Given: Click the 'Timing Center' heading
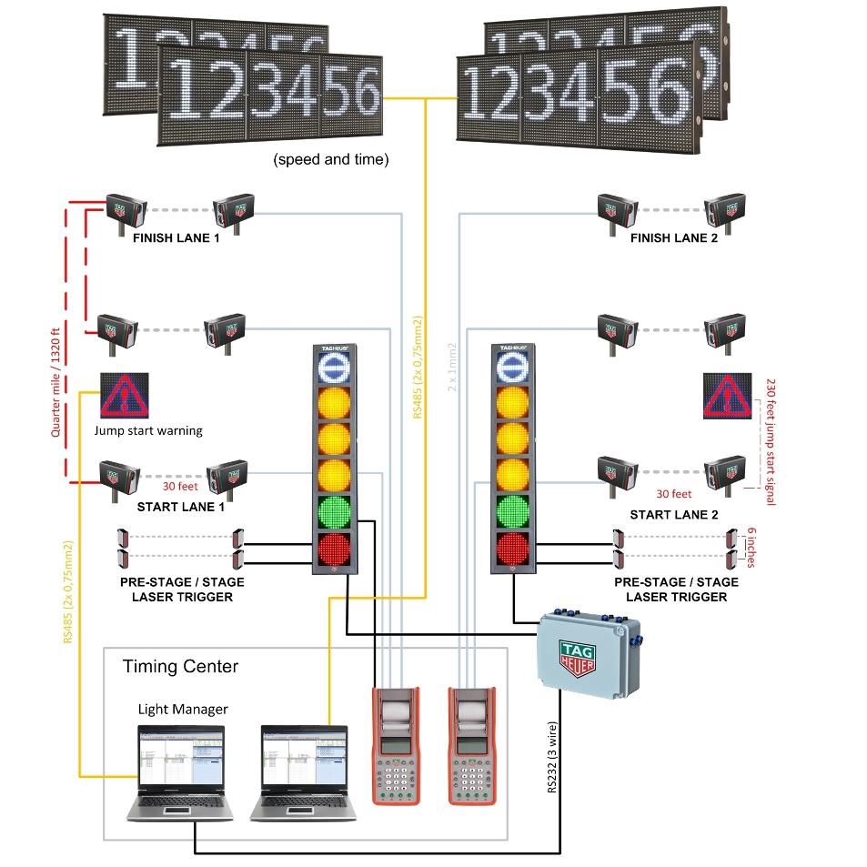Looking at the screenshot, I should (x=180, y=667).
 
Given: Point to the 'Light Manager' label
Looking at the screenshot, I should (x=183, y=709).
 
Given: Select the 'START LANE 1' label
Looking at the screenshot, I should (x=180, y=507).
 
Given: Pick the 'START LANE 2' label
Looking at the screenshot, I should (x=674, y=515).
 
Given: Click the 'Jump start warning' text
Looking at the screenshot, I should (x=148, y=430).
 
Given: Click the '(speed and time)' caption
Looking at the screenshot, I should (x=331, y=159).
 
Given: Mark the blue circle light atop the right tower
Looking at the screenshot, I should (x=512, y=365).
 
